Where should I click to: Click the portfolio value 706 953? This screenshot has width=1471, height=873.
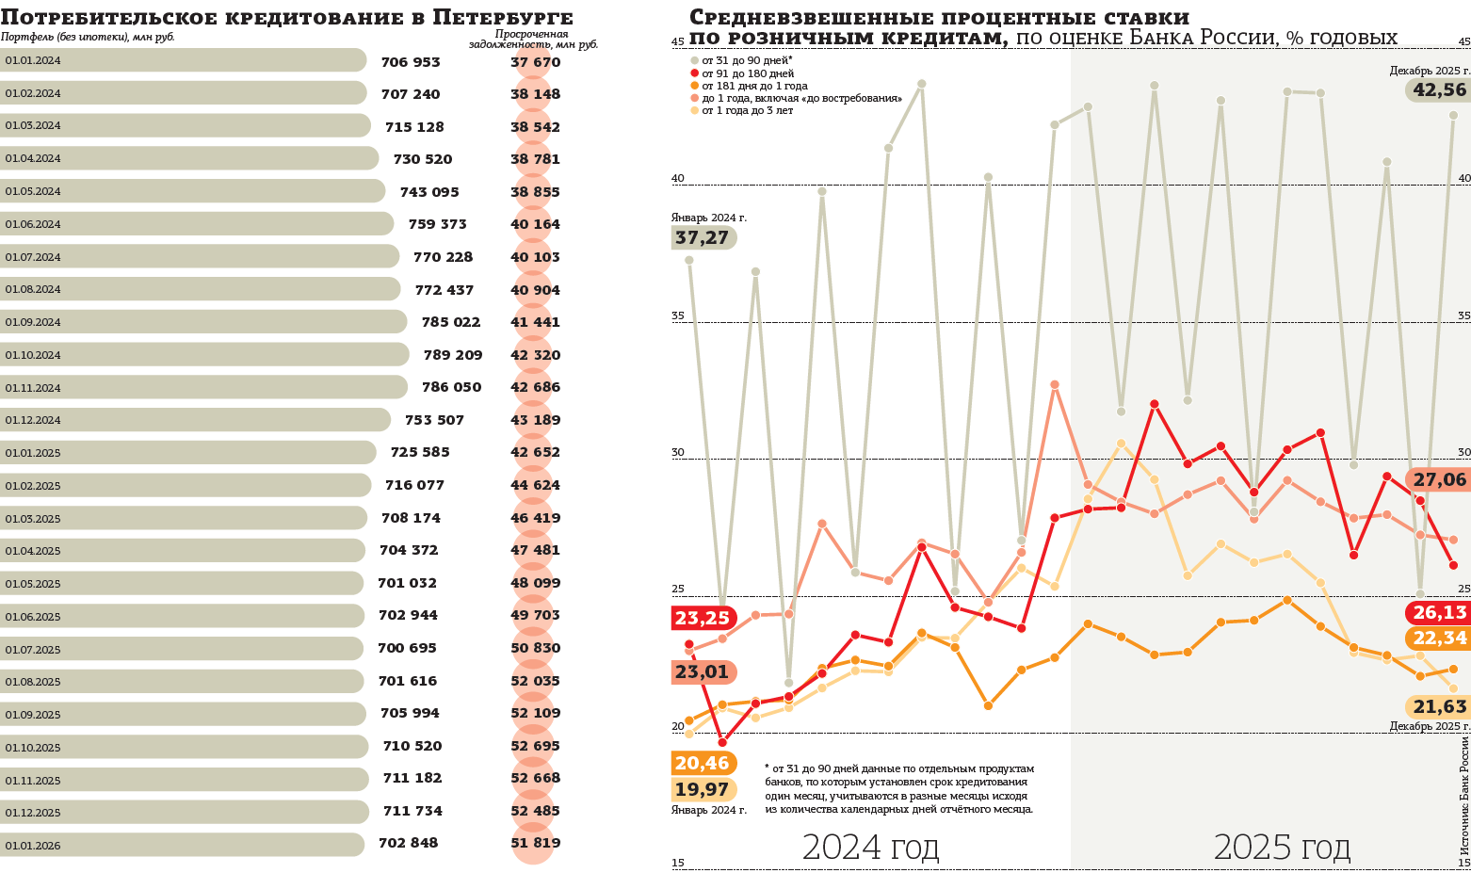tap(411, 62)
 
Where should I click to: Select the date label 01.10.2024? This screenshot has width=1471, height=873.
tap(33, 355)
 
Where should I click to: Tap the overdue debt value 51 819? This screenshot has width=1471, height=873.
tap(535, 843)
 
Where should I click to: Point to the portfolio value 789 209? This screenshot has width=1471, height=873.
tap(453, 355)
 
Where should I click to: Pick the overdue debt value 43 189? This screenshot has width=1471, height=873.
tap(535, 420)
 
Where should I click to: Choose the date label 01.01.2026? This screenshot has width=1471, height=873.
tap(33, 846)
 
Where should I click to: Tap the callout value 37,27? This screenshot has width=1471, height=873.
tap(703, 238)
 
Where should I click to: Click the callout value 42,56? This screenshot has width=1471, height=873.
tap(1439, 90)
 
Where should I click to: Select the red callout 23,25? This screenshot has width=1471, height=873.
tap(703, 619)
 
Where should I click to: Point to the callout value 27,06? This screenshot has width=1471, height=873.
tap(1439, 480)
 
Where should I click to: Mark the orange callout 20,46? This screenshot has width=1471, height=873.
tap(703, 764)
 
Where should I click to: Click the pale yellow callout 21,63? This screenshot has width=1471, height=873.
tap(1439, 707)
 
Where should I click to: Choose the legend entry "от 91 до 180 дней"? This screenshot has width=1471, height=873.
tap(747, 73)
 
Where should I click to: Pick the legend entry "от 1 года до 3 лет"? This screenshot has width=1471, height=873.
tap(747, 110)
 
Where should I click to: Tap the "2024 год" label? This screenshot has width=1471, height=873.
tap(870, 848)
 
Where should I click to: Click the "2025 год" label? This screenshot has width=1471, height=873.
tap(1282, 848)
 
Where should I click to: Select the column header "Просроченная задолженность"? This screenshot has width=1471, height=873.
tap(533, 39)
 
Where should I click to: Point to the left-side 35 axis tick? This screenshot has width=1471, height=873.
tap(678, 316)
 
